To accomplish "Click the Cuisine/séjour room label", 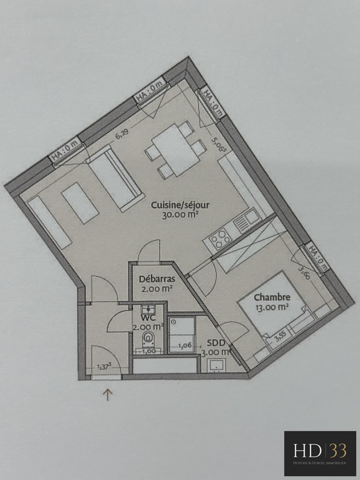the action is coord(180,205).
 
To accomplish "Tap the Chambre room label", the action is coord(272,297).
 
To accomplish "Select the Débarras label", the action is coord(157,279).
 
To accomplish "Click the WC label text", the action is coord(148,317).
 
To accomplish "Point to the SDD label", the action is coord(216,343).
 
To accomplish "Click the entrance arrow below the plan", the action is coord(108,395).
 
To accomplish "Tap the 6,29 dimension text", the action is coord(122,134).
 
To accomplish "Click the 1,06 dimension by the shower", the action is coord(185,345).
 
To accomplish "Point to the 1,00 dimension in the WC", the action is coord(149,351).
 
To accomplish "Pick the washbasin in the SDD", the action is coord(217,365).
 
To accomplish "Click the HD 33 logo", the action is coord(320,453).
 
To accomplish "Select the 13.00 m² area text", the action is coord(272,307).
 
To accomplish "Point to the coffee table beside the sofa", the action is coord(80,203).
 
